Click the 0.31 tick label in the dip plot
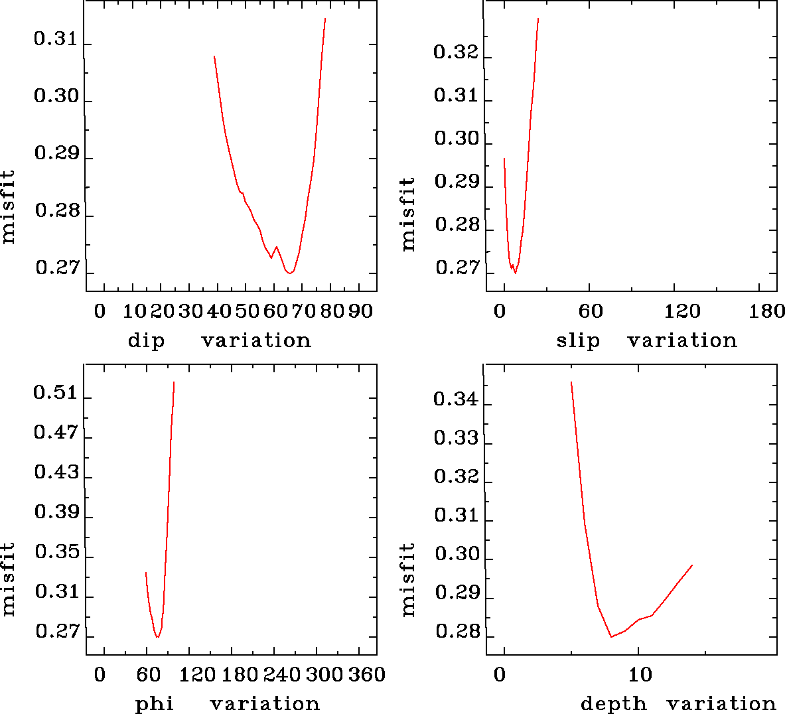pyautogui.click(x=56, y=39)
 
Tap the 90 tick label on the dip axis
pyautogui.click(x=360, y=311)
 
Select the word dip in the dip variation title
pyautogui.click(x=146, y=341)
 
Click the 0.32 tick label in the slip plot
pyautogui.click(x=456, y=52)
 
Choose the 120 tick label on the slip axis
pyautogui.click(x=682, y=311)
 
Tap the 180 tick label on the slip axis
pyautogui.click(x=767, y=311)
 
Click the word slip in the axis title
pyautogui.click(x=578, y=341)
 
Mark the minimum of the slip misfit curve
pyautogui.click(x=516, y=273)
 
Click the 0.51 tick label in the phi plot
pyautogui.click(x=56, y=393)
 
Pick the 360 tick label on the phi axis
pyautogui.click(x=367, y=675)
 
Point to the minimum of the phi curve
pyautogui.click(x=157, y=637)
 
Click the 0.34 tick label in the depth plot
pyautogui.click(x=456, y=399)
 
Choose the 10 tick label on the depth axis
pyautogui.click(x=640, y=675)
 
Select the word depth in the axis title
pyautogui.click(x=613, y=704)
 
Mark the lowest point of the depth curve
pyautogui.click(x=611, y=636)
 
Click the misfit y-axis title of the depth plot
pyautogui.click(x=407, y=579)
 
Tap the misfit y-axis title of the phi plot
pyautogui.click(x=8, y=579)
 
